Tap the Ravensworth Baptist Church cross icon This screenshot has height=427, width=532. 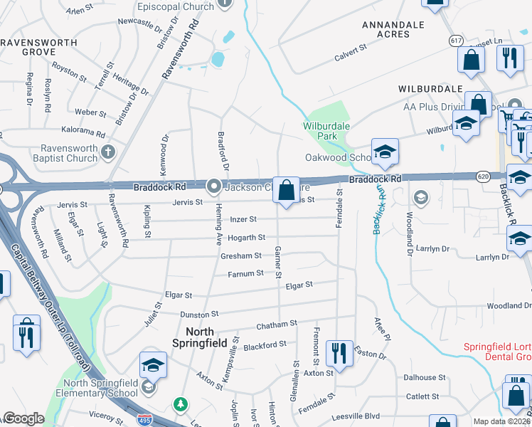coord(108,151)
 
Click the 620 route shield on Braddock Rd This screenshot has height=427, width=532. coord(482,175)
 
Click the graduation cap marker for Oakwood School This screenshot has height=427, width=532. coord(385,151)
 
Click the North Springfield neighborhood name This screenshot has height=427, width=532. coord(206,337)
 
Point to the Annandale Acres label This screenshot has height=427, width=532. coord(393,29)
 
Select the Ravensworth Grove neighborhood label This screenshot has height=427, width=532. coord(38,48)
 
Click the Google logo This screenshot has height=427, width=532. coord(23,418)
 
